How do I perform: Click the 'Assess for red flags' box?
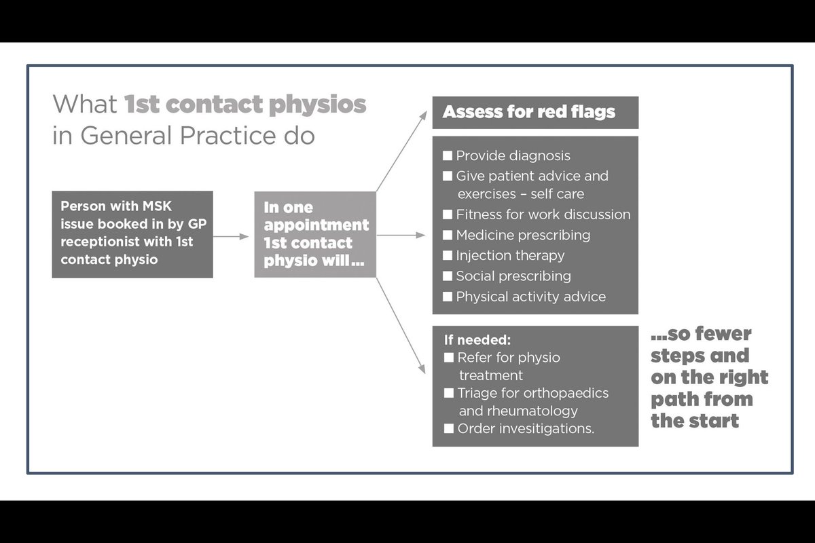click(535, 112)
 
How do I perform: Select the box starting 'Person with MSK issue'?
click(132, 233)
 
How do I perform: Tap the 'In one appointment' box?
click(315, 234)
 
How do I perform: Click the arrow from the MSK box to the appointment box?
click(234, 236)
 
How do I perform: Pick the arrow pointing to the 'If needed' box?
click(401, 326)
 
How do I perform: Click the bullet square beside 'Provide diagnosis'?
click(448, 156)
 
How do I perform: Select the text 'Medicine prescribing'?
click(523, 235)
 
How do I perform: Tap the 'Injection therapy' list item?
click(510, 256)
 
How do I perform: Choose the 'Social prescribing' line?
click(513, 276)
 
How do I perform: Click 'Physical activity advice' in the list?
click(530, 297)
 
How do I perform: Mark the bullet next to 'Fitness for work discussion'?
click(448, 214)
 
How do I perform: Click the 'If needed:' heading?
click(468, 339)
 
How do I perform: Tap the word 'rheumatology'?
click(537, 411)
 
